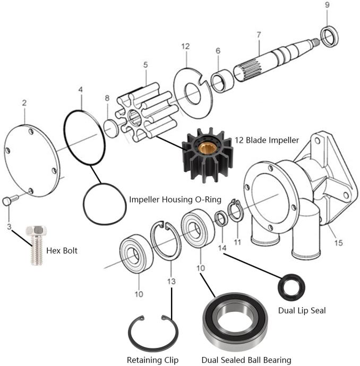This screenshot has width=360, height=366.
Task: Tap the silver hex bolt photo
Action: pos(36,245)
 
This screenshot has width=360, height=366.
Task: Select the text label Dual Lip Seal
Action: pos(302,310)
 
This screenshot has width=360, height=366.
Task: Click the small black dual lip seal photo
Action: pos(292,286)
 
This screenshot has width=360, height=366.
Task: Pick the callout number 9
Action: pos(327,5)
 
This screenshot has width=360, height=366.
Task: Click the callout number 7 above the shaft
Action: pos(258,34)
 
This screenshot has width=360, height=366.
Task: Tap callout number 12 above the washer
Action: pos(185,47)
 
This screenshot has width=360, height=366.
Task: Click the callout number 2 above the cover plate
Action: pos(24,102)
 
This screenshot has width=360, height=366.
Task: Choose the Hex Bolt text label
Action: pos(62,249)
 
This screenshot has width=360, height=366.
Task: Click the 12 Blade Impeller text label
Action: pos(267,140)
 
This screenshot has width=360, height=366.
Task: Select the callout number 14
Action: pos(222,248)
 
